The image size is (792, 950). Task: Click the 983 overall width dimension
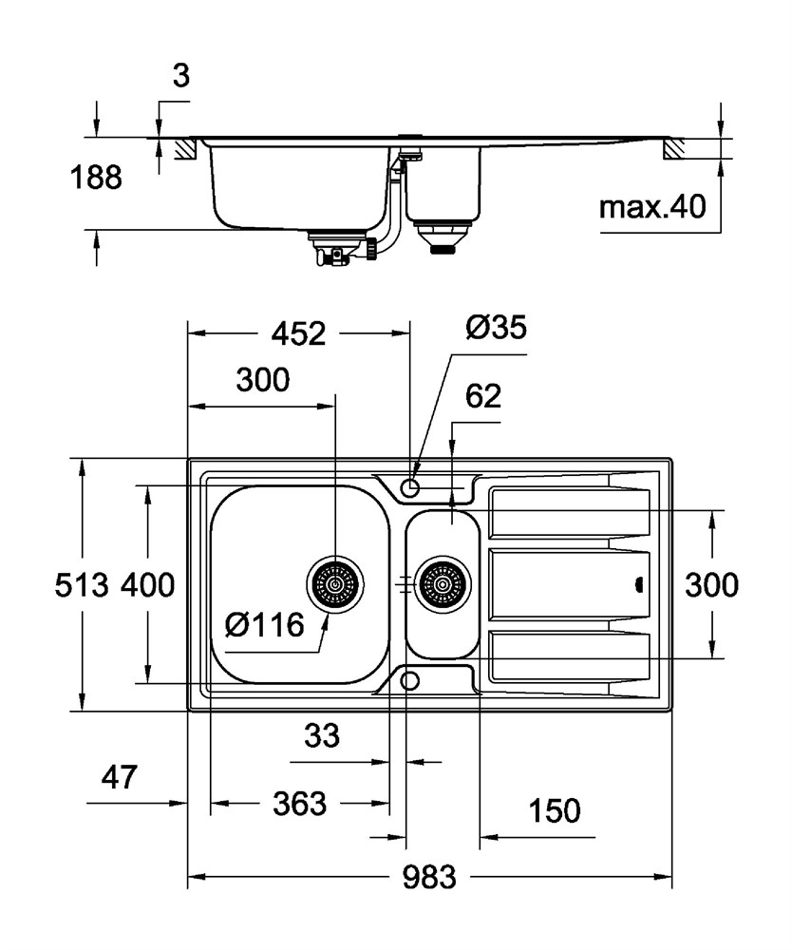click(428, 877)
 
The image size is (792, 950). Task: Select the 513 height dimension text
click(81, 585)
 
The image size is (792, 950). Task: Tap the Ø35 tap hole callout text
click(496, 328)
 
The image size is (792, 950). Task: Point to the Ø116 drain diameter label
click(264, 625)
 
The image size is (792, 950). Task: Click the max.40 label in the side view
click(652, 207)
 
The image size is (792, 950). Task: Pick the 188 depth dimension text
click(96, 179)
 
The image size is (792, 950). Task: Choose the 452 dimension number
click(298, 333)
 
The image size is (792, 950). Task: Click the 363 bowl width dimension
click(299, 804)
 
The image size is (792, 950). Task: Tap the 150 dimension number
click(554, 810)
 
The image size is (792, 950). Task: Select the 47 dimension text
click(119, 777)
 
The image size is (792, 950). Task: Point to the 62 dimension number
click(483, 396)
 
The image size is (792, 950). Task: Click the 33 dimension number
click(322, 735)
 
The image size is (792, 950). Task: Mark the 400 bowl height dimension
click(148, 585)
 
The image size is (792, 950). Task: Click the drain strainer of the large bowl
click(335, 584)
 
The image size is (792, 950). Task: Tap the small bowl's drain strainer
click(443, 584)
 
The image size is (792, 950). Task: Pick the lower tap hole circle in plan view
click(410, 681)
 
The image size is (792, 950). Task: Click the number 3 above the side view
click(181, 76)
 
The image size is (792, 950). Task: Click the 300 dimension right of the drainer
click(711, 585)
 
